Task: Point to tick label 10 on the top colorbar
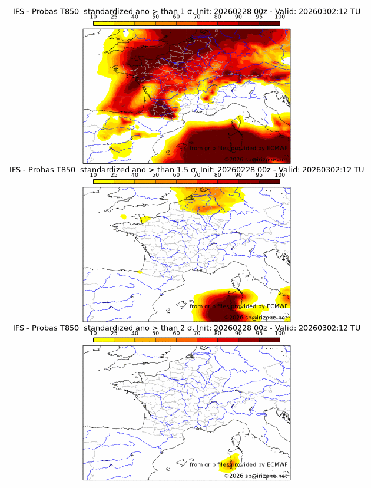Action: (94, 18)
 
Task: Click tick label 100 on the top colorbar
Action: (279, 18)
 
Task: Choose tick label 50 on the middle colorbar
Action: (155, 176)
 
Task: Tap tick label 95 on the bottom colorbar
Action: (259, 334)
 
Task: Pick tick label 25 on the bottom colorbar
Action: (114, 334)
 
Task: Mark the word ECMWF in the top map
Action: (277, 148)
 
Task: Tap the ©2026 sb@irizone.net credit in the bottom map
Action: (256, 476)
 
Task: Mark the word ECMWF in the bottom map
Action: (277, 464)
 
